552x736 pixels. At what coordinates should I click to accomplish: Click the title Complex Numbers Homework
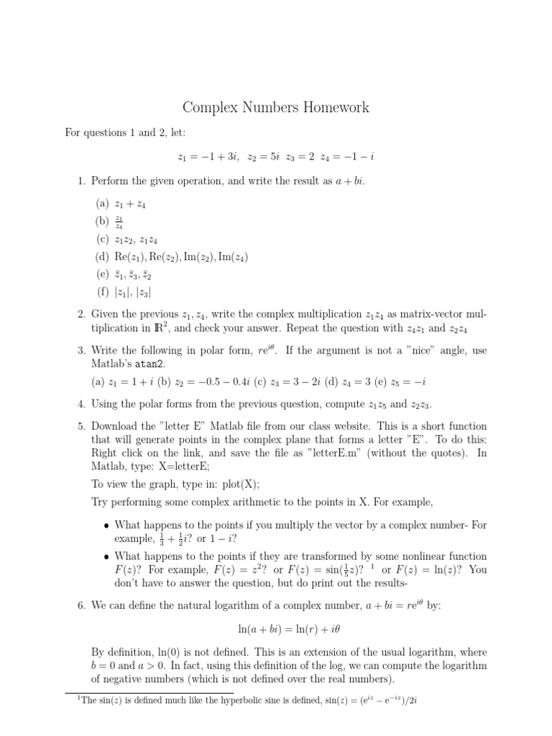[x=276, y=108]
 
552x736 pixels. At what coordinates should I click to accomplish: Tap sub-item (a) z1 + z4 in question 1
[x=123, y=204]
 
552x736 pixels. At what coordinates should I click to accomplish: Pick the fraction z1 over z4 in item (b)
[x=119, y=222]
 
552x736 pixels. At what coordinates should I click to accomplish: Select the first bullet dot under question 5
[x=106, y=525]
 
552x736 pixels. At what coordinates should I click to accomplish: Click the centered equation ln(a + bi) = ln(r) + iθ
[x=276, y=630]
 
